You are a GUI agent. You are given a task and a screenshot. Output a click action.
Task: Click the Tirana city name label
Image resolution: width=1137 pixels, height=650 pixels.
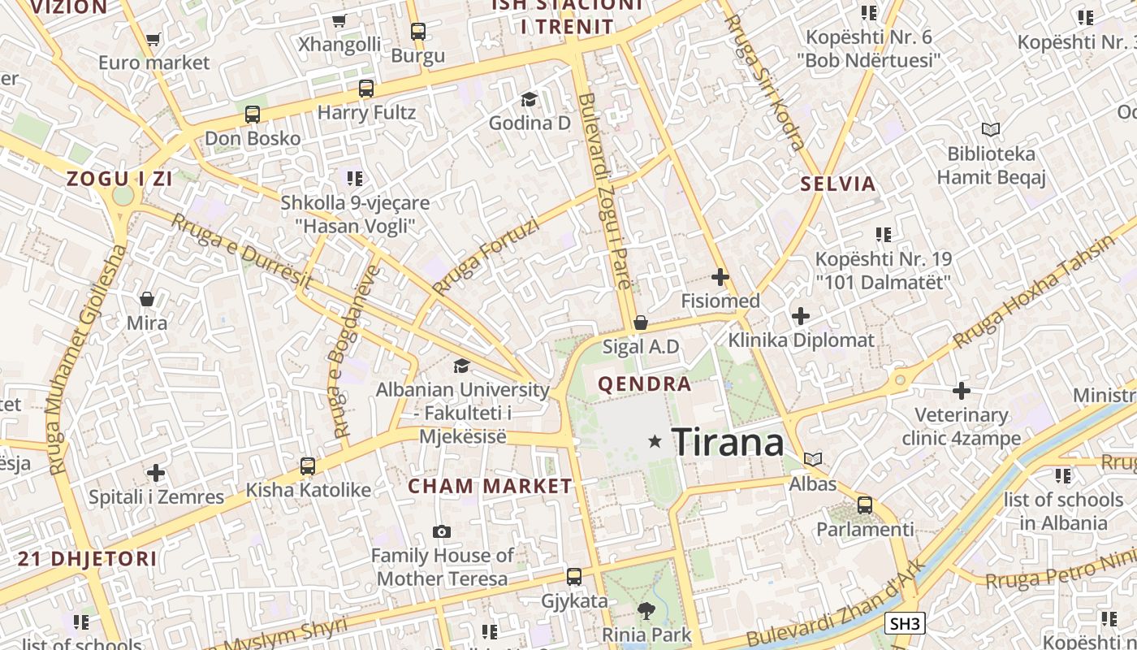728,442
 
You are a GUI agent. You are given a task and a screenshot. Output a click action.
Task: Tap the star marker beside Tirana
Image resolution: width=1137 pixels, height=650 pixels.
655,441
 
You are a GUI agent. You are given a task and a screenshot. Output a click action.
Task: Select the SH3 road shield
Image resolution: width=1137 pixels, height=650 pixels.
905,624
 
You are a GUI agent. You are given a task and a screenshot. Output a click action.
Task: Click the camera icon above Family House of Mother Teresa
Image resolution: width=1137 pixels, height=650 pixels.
442,532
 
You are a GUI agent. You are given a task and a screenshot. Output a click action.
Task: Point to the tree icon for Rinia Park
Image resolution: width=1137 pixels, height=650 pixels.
646,611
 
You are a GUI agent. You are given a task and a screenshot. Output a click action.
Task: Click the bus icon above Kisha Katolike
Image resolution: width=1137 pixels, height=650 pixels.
308,466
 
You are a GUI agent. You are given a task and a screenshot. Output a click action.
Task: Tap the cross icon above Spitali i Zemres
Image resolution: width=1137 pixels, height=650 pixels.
156,473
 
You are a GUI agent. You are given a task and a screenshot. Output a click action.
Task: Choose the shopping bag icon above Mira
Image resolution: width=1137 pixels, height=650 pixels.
147,299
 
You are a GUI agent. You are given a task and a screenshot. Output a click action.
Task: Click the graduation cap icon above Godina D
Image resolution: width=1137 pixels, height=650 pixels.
530,99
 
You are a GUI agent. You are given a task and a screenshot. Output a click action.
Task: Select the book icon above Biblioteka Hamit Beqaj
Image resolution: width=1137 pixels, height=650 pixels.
991,130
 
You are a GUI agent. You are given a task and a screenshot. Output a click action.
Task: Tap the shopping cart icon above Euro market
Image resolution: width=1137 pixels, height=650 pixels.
153,38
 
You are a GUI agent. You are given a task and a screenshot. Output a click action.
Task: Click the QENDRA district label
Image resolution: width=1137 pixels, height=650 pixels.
645,384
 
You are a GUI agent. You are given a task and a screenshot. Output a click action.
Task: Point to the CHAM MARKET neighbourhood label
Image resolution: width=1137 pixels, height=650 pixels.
490,487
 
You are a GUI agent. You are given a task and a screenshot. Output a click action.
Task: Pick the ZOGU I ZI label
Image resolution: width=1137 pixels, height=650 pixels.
119,179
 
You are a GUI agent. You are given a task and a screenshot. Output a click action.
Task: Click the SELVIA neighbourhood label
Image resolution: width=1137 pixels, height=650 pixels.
838,184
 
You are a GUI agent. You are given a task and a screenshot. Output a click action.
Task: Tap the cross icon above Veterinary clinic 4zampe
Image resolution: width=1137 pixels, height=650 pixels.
962,392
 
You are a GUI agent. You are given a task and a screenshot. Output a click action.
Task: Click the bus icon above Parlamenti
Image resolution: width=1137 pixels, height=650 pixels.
865,505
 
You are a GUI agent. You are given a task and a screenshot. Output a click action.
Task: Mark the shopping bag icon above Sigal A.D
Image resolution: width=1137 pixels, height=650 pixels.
641,323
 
